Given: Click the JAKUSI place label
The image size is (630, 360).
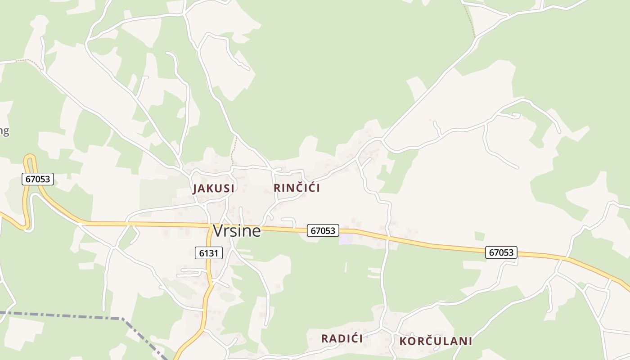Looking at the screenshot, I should (x=214, y=189).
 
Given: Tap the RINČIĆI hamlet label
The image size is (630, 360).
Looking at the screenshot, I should (x=297, y=188).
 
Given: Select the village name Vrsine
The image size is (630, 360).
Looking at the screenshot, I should (x=237, y=231).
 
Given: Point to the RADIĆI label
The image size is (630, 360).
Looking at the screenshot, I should (x=342, y=339).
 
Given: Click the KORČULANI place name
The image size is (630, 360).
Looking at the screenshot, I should (x=436, y=341).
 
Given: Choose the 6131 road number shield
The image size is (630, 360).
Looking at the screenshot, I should (x=209, y=253).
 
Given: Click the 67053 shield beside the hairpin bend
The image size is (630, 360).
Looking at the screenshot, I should (x=38, y=179).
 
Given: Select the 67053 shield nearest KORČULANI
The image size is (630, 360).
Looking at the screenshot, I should (x=501, y=252).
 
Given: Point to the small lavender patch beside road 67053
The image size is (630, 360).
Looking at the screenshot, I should (x=346, y=239).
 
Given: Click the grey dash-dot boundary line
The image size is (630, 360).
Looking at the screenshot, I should (x=67, y=315).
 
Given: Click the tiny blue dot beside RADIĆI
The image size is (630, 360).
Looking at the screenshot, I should (x=367, y=337).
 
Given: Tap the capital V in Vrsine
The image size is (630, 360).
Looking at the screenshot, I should (x=218, y=231).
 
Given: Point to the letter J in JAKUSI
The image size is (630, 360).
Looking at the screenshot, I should (x=196, y=189).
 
